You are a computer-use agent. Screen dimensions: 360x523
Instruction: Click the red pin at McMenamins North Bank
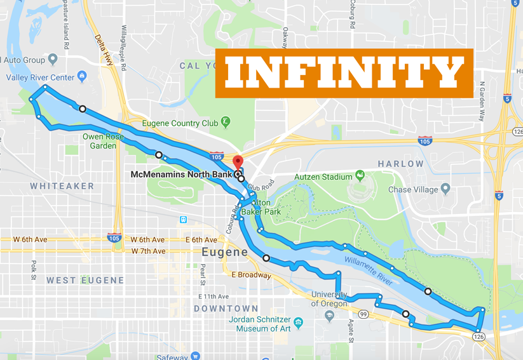coord(238,161)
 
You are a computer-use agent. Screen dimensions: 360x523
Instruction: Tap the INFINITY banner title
coord(344,73)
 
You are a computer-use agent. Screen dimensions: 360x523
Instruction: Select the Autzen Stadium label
coord(323,177)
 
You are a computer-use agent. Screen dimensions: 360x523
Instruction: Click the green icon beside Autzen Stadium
coord(360,175)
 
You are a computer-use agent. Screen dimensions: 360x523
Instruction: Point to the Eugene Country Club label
coord(180,123)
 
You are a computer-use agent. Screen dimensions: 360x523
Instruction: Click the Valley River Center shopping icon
coord(81,77)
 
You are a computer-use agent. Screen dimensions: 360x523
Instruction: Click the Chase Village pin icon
coord(445,189)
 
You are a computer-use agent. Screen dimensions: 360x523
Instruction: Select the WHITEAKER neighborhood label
coord(62,186)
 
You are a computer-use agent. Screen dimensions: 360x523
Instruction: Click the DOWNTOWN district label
coord(217,309)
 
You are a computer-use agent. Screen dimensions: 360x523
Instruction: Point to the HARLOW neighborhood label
coord(400,164)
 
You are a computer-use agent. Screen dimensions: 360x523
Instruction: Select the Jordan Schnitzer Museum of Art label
coord(262,324)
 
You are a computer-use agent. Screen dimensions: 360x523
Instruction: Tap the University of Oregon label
coord(329,298)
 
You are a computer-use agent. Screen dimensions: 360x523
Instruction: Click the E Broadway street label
coord(252,275)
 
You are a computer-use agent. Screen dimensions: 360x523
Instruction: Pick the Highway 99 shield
coord(362,314)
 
